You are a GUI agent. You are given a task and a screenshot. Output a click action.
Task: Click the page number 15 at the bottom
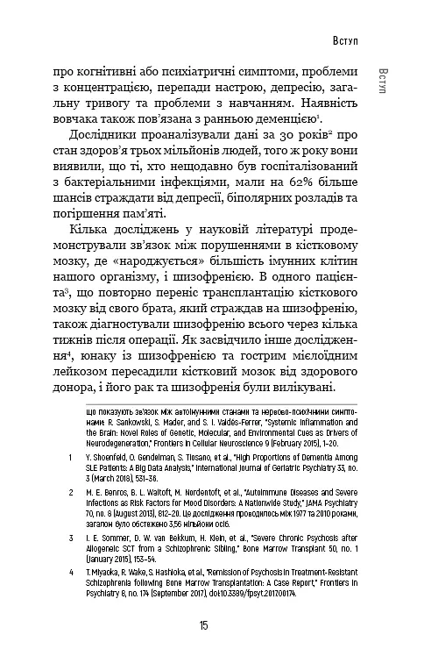[203, 625]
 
